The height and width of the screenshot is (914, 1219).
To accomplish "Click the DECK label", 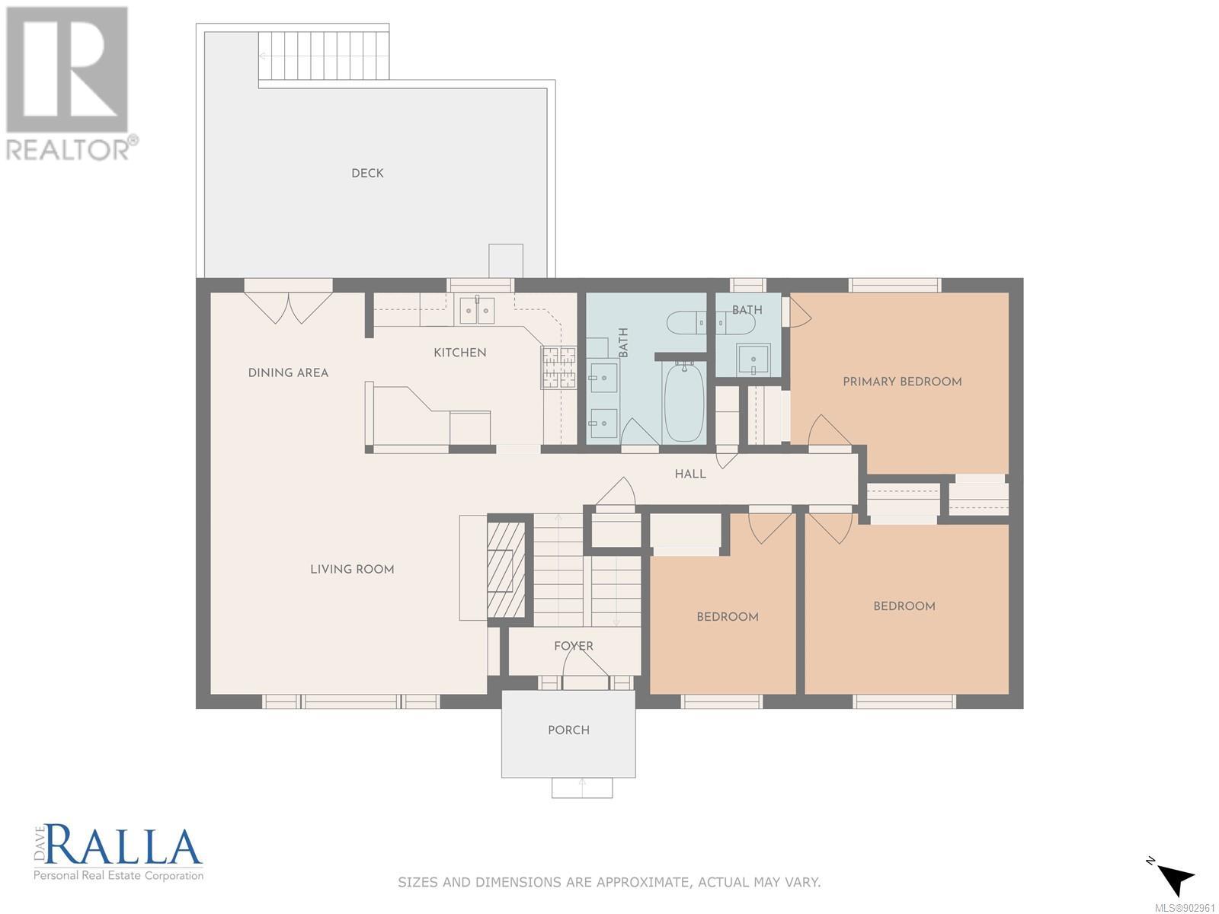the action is (x=367, y=173).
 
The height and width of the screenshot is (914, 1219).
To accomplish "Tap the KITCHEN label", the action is (x=460, y=353).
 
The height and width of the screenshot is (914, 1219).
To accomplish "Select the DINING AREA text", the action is (x=288, y=373).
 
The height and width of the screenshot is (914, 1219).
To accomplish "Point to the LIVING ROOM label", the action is (x=352, y=570).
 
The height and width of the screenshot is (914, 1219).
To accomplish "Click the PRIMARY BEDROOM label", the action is (x=902, y=382).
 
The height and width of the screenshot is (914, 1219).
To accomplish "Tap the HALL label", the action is (x=690, y=474).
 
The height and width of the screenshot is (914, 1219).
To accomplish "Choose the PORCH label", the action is (x=568, y=730).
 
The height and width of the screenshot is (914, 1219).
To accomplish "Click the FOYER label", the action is (x=574, y=646).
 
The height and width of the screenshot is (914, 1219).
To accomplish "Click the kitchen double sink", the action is (x=476, y=312).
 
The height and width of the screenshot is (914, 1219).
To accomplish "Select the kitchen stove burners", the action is (x=559, y=366).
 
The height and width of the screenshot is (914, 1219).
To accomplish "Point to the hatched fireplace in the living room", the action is (x=506, y=570).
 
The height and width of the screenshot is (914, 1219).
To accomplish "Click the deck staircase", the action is (x=323, y=56).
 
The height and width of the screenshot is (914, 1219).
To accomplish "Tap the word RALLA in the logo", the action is (x=124, y=847).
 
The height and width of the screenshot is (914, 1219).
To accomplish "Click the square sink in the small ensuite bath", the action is (x=753, y=360).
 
